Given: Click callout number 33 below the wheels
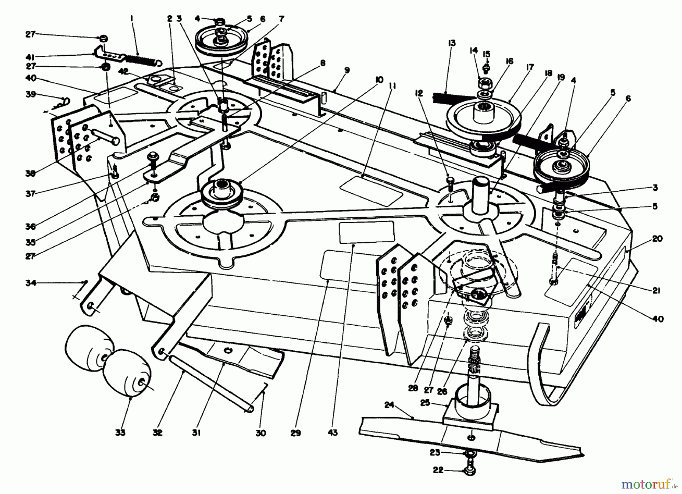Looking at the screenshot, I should [x=120, y=432].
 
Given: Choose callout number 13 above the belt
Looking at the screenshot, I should [x=452, y=43].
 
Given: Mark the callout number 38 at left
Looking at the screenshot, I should [x=31, y=173].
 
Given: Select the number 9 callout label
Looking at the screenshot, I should [x=347, y=70].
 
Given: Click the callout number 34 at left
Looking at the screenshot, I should [x=31, y=283].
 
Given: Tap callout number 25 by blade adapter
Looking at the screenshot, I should [x=425, y=403].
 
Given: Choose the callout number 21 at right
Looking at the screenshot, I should [x=657, y=291].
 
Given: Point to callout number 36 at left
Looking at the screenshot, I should [x=31, y=226].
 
